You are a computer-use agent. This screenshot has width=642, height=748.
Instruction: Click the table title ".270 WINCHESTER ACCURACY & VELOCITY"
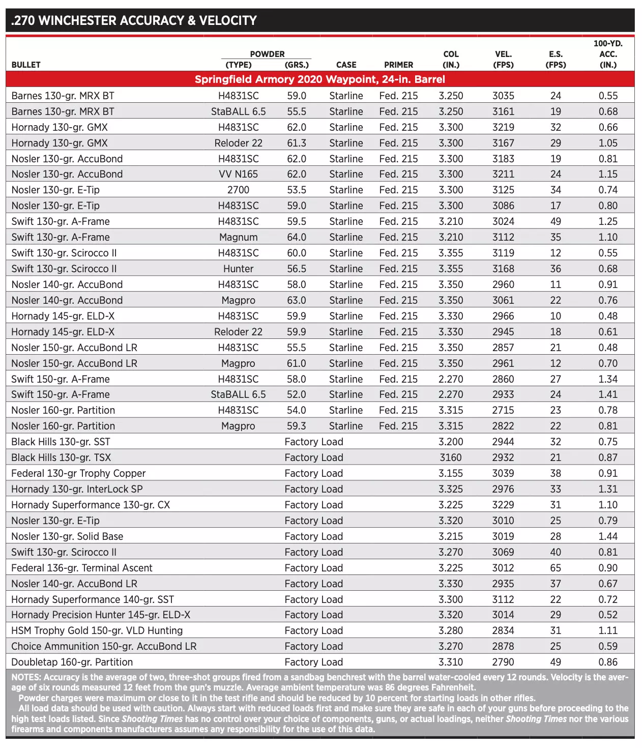pyautogui.click(x=134, y=21)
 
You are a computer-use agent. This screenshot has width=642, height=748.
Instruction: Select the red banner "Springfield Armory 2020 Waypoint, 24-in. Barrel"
pyautogui.click(x=319, y=79)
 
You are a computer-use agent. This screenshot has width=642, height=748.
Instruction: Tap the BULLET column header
pyautogui.click(x=26, y=65)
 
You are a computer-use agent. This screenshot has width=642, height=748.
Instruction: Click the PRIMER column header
pyautogui.click(x=398, y=65)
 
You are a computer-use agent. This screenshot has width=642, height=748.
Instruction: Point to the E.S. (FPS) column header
pyautogui.click(x=556, y=60)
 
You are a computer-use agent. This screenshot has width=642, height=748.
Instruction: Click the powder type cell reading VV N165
pyautogui.click(x=238, y=174)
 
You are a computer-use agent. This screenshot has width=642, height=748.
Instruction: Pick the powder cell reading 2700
pyautogui.click(x=238, y=190)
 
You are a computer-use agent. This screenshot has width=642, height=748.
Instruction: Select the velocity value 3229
pyautogui.click(x=503, y=505)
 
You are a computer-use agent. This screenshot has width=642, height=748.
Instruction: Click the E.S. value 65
pyautogui.click(x=556, y=568)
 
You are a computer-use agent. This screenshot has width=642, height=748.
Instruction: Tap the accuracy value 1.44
pyautogui.click(x=608, y=536)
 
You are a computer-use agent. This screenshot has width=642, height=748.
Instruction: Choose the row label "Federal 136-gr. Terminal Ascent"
pyautogui.click(x=82, y=568)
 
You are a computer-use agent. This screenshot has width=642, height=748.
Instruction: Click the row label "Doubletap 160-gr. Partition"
pyautogui.click(x=72, y=662)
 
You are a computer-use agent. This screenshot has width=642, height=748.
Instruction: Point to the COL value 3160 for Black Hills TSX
pyautogui.click(x=451, y=457)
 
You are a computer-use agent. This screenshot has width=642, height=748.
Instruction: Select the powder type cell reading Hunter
pyautogui.click(x=238, y=269)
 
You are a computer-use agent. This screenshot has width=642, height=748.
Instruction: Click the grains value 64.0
pyautogui.click(x=297, y=237)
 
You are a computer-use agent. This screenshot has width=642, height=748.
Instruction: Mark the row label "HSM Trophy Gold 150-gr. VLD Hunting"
pyautogui.click(x=97, y=630)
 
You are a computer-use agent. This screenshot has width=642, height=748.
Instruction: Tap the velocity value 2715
pyautogui.click(x=503, y=410)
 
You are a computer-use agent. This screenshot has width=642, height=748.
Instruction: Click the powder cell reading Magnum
pyautogui.click(x=238, y=237)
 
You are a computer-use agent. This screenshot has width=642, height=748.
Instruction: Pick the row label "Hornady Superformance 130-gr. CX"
pyautogui.click(x=91, y=505)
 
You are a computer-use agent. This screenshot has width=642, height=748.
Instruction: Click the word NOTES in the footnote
pyautogui.click(x=26, y=677)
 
